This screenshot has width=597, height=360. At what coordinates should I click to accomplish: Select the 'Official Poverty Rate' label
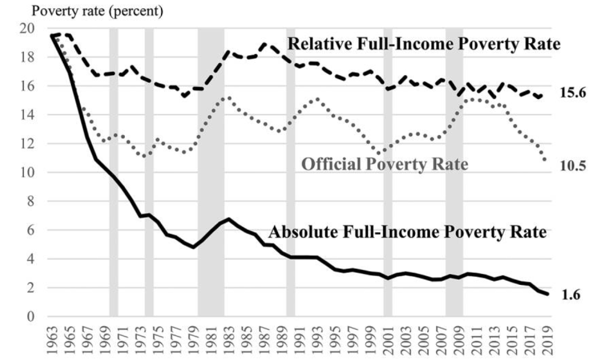(385, 164)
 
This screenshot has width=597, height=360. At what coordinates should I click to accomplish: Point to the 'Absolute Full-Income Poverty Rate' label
(408, 232)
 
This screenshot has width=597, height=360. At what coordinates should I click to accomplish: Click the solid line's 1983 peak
(229, 219)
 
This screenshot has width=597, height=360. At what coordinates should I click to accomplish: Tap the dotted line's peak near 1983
(228, 97)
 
